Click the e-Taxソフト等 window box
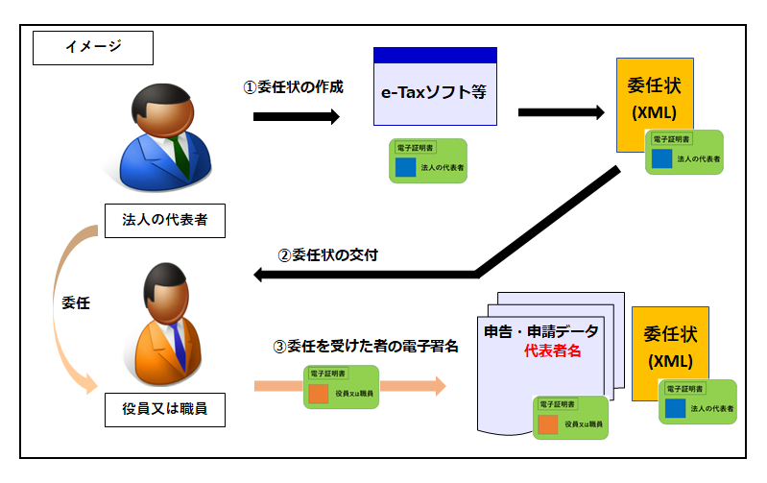point(435,94)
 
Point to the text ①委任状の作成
point(293,86)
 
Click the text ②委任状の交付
point(327,255)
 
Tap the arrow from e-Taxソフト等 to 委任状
point(561,112)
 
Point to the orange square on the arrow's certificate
point(319,394)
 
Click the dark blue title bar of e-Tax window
point(435,56)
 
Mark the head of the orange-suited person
point(161,289)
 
